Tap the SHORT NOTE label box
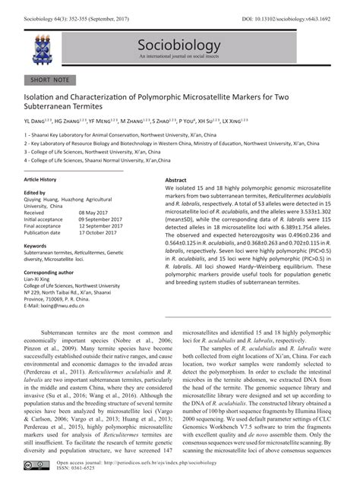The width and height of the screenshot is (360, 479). coord(50,79)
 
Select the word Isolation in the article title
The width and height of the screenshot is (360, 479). coord(44,98)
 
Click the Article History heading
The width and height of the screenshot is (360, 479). coord(40,180)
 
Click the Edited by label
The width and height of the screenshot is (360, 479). coord(35,193)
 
